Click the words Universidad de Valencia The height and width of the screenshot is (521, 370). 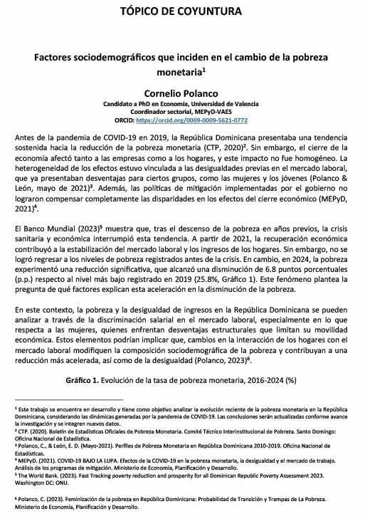pyautogui.click(x=232, y=104)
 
